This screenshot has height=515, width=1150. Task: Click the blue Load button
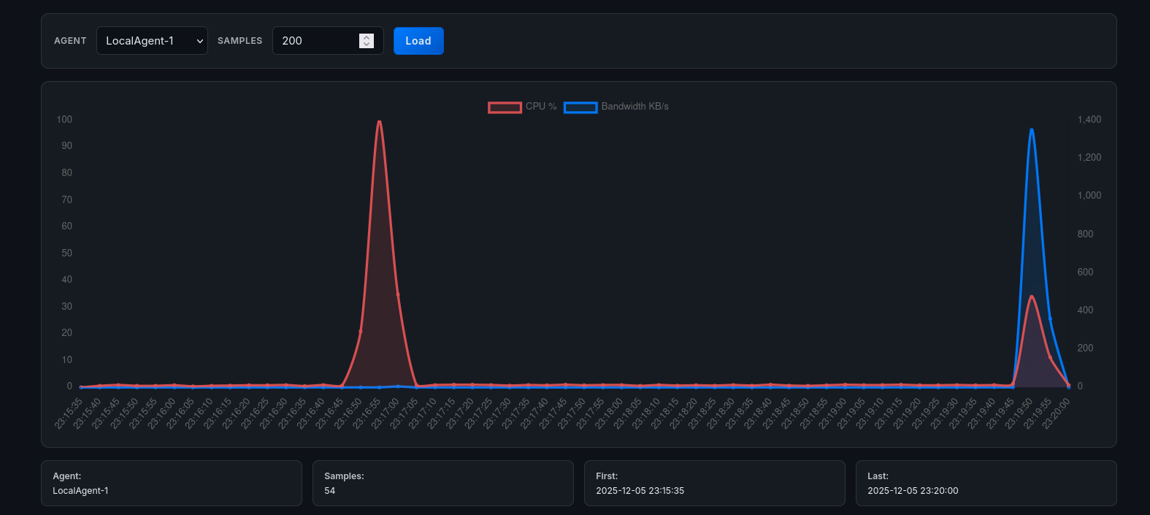click(418, 41)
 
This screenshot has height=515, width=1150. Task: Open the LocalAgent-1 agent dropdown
click(152, 41)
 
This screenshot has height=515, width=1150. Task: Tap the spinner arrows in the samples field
click(367, 41)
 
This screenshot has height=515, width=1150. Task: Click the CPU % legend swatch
click(505, 107)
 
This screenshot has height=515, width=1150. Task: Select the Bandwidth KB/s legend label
click(635, 107)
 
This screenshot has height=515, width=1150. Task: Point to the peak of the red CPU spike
click(379, 122)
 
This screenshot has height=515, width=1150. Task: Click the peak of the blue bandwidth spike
click(1031, 130)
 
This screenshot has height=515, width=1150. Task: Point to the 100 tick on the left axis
click(64, 120)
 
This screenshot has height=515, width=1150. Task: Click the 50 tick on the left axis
click(66, 253)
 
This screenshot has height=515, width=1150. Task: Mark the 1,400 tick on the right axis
click(1089, 120)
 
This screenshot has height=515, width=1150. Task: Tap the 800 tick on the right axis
click(1085, 234)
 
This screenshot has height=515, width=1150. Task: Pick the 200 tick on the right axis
click(1085, 348)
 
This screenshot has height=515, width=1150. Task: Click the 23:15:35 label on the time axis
click(69, 413)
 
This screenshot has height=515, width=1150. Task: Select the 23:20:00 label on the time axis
click(1057, 413)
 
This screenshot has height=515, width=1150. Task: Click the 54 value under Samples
click(330, 491)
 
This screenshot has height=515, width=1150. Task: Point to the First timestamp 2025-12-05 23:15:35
click(640, 491)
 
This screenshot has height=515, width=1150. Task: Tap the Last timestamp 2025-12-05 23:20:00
click(913, 491)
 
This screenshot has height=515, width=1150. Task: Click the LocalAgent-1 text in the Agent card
click(80, 491)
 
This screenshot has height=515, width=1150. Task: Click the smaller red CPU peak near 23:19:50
click(1031, 297)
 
